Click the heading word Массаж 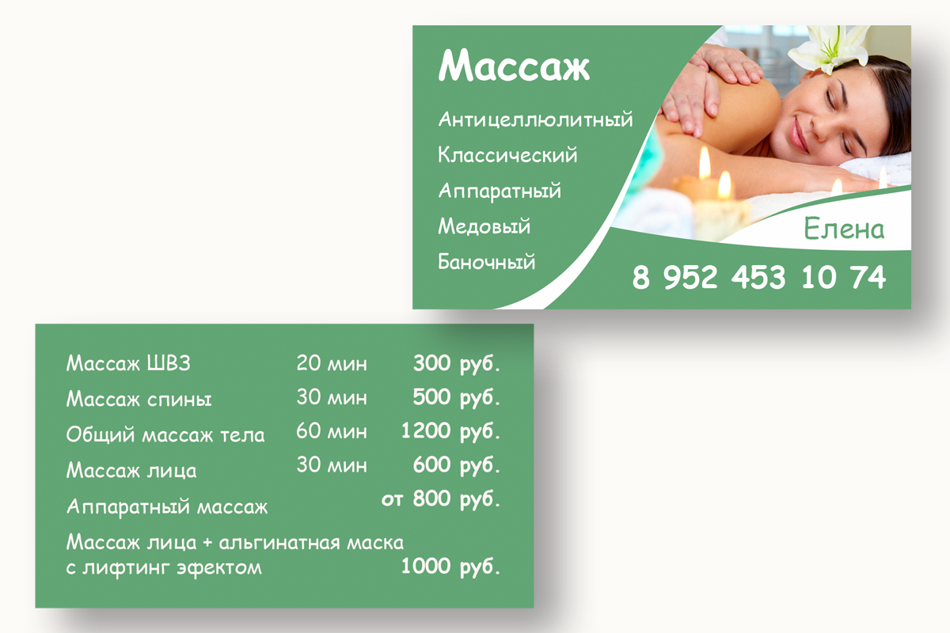[x=514, y=66]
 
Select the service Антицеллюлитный [x=535, y=119]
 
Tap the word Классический [x=507, y=155]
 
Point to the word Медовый [x=484, y=226]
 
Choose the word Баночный [x=486, y=262]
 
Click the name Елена [x=844, y=229]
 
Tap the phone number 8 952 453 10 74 [x=758, y=277]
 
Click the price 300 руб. [x=457, y=364]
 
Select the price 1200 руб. [x=450, y=431]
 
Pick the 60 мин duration [x=331, y=431]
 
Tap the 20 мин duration [x=331, y=363]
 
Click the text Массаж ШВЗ [x=128, y=363]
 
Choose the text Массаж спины [x=139, y=399]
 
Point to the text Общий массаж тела [x=165, y=434]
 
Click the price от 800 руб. [x=441, y=498]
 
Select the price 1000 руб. [x=450, y=567]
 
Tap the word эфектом [x=219, y=567]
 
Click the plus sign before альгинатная [x=207, y=543]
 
